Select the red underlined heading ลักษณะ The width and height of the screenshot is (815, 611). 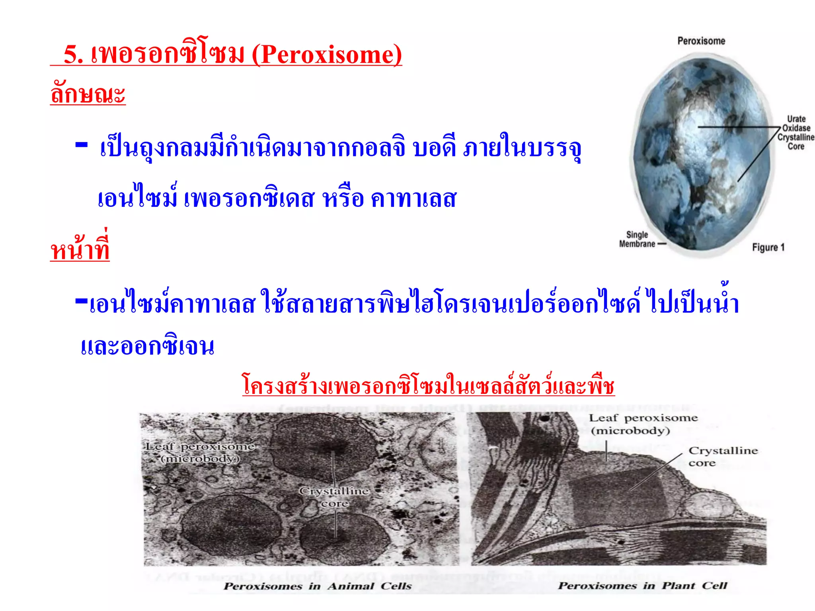pyautogui.click(x=88, y=94)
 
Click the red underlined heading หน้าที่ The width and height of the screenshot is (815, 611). pyautogui.click(x=80, y=250)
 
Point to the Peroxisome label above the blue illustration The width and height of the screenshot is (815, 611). pyautogui.click(x=701, y=41)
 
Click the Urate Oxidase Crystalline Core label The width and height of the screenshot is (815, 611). pyautogui.click(x=796, y=132)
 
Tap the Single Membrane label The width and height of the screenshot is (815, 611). pyautogui.click(x=637, y=239)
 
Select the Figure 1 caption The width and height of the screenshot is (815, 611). pyautogui.click(x=768, y=247)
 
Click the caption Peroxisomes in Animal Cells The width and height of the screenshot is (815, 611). pyautogui.click(x=318, y=586)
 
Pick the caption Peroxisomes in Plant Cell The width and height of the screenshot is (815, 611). pyautogui.click(x=642, y=586)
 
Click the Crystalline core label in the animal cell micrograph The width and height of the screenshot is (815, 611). pyautogui.click(x=335, y=497)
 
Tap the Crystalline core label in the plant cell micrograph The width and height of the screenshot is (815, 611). pyautogui.click(x=723, y=457)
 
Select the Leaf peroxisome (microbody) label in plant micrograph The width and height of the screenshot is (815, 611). pyautogui.click(x=643, y=424)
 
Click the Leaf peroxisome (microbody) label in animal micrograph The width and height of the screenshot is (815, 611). pyautogui.click(x=200, y=453)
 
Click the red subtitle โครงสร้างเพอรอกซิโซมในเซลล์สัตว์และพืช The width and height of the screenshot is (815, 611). pyautogui.click(x=429, y=385)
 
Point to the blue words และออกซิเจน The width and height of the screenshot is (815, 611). pyautogui.click(x=148, y=347)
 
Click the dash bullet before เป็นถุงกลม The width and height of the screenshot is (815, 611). pyautogui.click(x=82, y=145)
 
